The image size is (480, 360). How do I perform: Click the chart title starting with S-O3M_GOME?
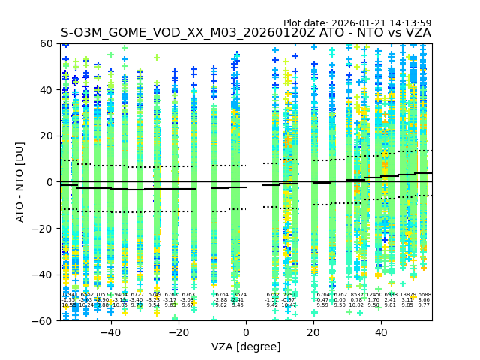(x=245, y=33)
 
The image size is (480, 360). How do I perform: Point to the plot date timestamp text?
(x=357, y=23)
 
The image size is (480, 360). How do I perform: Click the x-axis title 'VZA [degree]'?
(x=246, y=346)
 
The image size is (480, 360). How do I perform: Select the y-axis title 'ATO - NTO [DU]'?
(x=20, y=181)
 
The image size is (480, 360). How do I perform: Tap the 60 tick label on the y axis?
(x=46, y=43)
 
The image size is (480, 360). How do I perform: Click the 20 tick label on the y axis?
(x=46, y=136)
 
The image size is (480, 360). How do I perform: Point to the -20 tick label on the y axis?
(x=43, y=228)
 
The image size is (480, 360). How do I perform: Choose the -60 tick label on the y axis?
(x=43, y=320)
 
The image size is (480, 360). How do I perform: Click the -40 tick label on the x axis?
(x=110, y=332)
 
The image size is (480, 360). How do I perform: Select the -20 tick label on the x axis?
(x=178, y=332)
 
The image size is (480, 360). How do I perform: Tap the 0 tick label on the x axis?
(x=246, y=332)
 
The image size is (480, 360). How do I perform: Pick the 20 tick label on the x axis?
(x=313, y=332)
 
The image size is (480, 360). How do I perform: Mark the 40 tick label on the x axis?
(x=381, y=332)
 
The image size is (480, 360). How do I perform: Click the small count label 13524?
(x=238, y=295)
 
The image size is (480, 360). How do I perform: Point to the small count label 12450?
(x=373, y=295)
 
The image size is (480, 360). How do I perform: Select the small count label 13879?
(x=408, y=295)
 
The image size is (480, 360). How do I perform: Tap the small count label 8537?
(x=357, y=295)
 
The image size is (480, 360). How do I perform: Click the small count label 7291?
(x=289, y=295)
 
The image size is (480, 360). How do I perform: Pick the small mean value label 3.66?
(x=424, y=300)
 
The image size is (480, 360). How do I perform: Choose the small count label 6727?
(x=137, y=295)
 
